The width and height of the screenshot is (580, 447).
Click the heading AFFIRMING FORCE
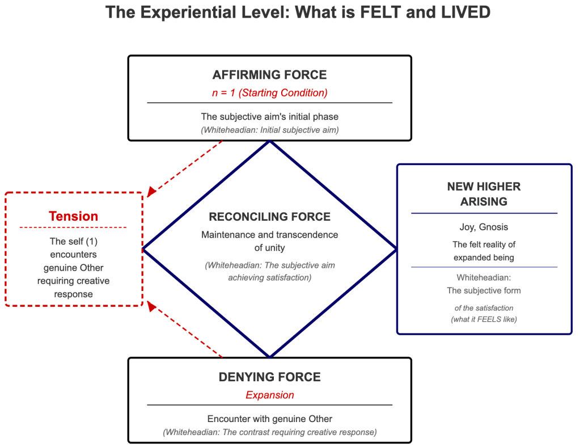click(269, 75)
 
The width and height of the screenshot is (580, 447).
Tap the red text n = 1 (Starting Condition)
click(269, 92)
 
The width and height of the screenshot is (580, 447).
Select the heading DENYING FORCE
click(269, 377)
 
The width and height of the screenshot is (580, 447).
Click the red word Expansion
click(269, 395)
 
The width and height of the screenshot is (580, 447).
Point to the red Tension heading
click(73, 216)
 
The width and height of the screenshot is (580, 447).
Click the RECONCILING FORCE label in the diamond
click(269, 217)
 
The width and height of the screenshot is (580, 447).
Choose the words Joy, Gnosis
click(484, 227)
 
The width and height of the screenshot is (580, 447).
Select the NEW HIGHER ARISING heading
click(484, 193)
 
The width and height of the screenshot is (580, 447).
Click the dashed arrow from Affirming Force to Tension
click(184, 168)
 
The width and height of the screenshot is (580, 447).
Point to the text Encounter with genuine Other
click(269, 419)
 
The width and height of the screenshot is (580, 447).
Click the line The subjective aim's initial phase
click(269, 117)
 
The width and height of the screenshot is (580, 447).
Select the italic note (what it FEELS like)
click(484, 319)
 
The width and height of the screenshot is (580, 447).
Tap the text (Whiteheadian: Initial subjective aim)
click(269, 129)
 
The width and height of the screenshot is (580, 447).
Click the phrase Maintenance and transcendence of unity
click(269, 241)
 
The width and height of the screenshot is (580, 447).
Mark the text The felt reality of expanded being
click(484, 251)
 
